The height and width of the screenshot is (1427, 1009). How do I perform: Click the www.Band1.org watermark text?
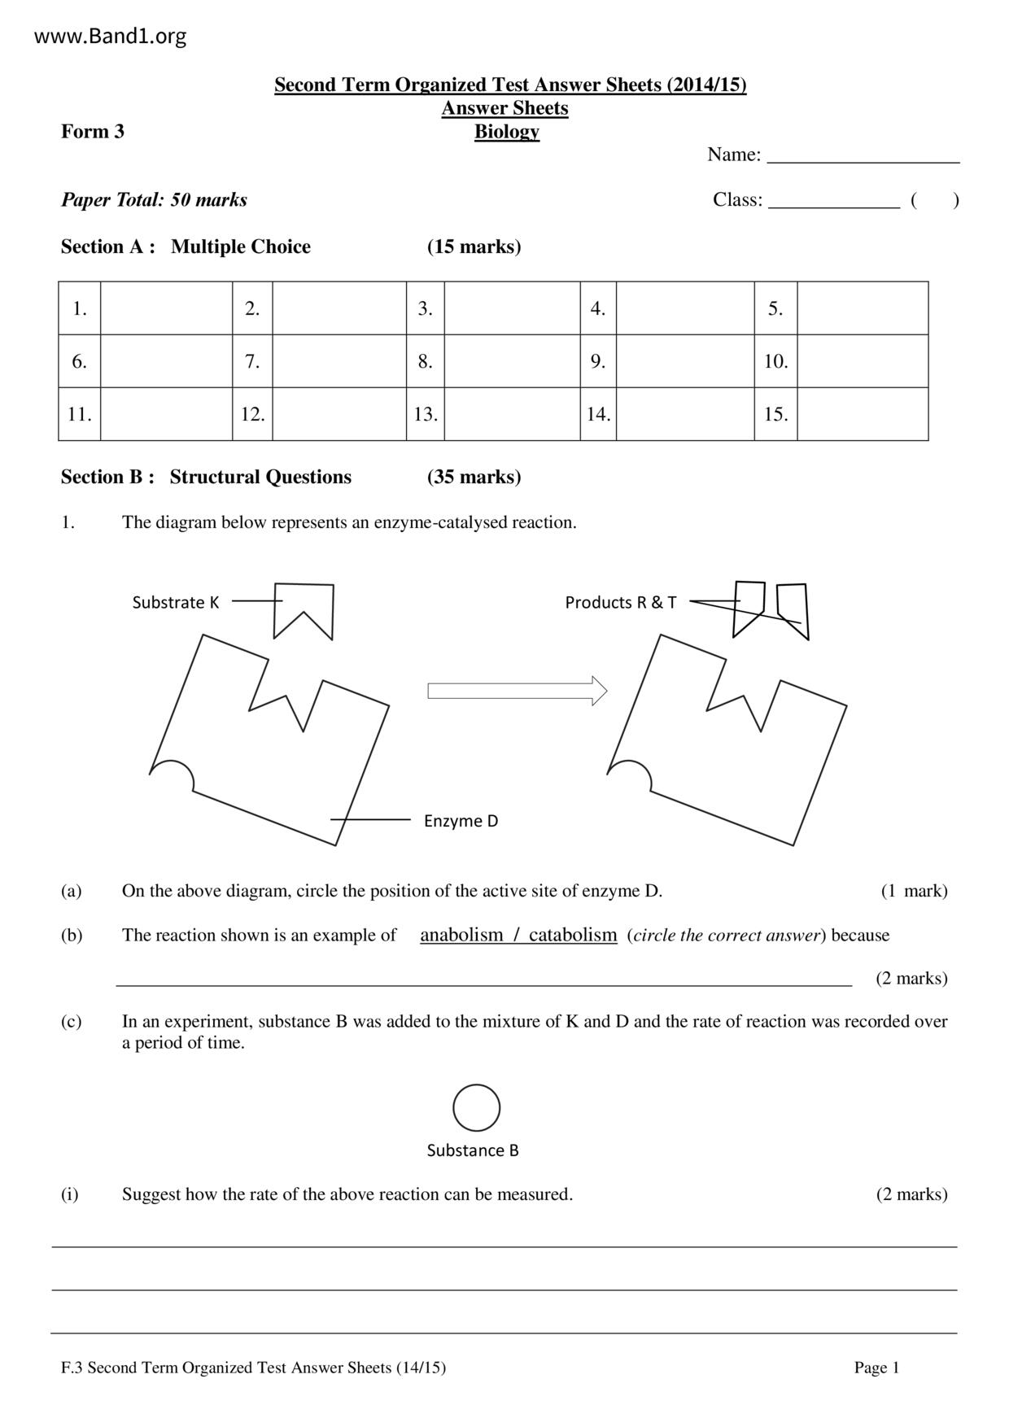111,37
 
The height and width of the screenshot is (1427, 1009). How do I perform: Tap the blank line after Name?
863,155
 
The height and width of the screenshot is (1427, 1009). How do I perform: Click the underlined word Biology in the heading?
506,132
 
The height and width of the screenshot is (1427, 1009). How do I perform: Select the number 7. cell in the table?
252,361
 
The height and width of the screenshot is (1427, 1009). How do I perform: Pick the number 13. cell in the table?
426,414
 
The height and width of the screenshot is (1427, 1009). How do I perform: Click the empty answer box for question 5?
863,308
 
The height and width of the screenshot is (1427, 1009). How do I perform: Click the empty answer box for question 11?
166,414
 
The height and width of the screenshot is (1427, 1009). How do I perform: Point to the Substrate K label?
176,603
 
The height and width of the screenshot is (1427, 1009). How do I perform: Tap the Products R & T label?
620,603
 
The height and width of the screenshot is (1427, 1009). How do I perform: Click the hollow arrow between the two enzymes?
518,692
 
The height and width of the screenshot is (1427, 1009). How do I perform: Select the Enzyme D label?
461,821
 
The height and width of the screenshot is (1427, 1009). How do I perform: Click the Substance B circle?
476,1107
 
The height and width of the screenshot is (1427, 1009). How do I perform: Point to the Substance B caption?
473,1150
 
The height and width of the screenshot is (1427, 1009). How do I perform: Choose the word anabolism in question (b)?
461,935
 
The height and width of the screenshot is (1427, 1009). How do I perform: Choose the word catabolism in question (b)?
573,935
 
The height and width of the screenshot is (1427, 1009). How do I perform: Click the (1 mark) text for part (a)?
914,891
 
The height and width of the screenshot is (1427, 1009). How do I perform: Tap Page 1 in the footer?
876,1368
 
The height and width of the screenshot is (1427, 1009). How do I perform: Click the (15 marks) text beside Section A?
474,247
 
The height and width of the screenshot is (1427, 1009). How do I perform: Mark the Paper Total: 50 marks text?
154,200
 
